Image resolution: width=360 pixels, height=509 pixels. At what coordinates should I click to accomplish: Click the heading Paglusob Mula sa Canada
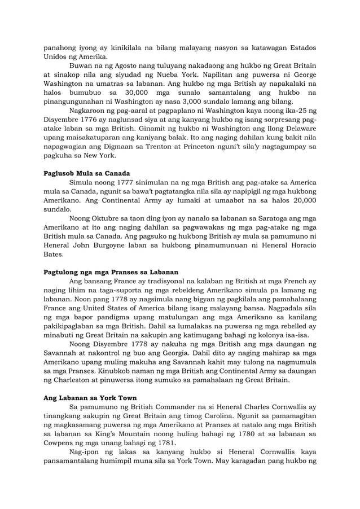click(x=88, y=173)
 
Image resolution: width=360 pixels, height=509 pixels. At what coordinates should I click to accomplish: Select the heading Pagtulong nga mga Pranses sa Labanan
click(x=111, y=271)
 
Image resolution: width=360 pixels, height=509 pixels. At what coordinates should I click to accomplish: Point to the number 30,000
click(x=137, y=92)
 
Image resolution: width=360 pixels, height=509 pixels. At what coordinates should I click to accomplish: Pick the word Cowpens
click(x=60, y=442)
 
